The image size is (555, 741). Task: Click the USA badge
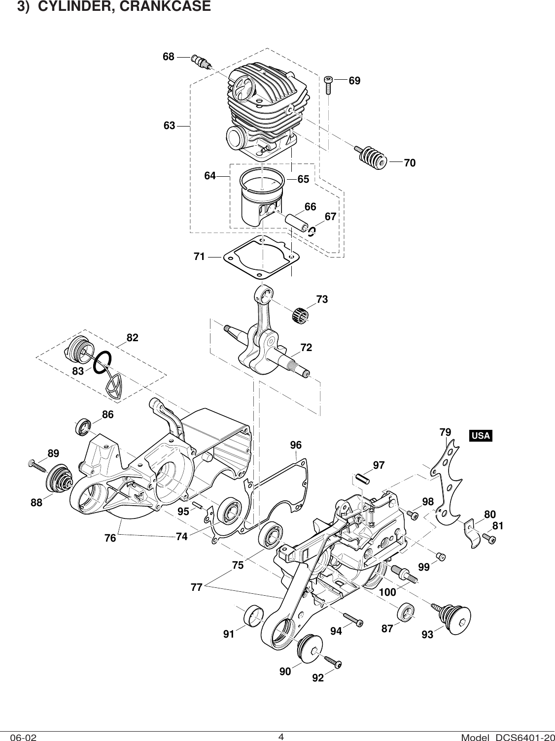click(481, 436)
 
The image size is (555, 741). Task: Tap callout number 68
click(169, 57)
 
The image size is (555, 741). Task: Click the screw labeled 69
click(329, 84)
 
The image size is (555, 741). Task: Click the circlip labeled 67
click(312, 231)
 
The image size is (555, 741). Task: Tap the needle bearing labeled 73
click(300, 315)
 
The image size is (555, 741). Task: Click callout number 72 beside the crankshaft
click(306, 348)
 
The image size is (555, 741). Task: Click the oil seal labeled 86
click(83, 427)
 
